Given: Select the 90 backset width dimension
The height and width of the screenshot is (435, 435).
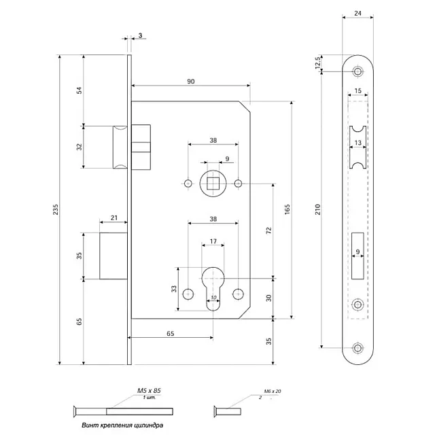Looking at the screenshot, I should tap(190, 82).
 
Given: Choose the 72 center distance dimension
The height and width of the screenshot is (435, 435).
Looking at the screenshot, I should tap(268, 231).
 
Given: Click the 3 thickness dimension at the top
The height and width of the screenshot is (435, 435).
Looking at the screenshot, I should tap(139, 35).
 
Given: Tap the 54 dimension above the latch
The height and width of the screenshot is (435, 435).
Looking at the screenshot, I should tap(79, 90).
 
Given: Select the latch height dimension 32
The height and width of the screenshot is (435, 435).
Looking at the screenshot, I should tap(79, 146).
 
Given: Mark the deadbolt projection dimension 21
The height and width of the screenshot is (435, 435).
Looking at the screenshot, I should tap(114, 217).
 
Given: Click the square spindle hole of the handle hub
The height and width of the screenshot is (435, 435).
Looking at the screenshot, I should tap(213, 184).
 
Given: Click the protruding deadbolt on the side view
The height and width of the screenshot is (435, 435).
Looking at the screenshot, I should tap(114, 256).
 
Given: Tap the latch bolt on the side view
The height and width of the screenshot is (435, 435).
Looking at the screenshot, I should tap(119, 146).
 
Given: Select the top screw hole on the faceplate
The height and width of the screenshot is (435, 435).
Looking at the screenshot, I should tap(358, 71).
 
